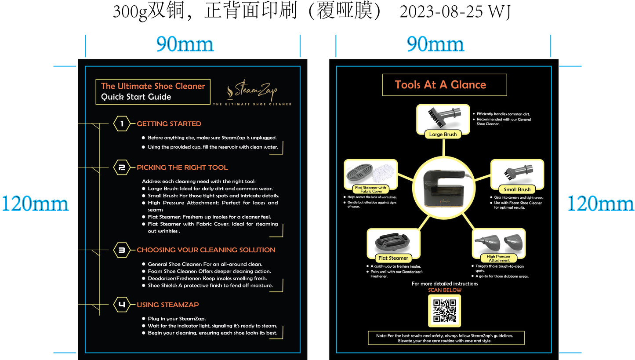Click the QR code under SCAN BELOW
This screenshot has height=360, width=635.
pos(445,311)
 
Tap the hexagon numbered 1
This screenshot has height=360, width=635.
pos(122,124)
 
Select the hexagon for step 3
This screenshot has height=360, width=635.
pos(122,250)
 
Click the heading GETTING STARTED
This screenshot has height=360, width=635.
pos(169,124)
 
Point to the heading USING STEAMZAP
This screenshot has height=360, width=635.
pos(168,305)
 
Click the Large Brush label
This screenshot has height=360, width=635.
pos(443,135)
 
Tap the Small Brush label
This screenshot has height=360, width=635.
pos(517,189)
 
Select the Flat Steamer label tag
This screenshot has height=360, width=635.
pos(393,258)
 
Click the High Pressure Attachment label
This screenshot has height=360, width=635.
pos(499,258)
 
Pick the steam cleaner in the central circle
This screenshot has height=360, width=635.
pos(444,189)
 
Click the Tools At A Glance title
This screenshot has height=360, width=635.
pos(440,85)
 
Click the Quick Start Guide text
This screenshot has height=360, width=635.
pos(136,97)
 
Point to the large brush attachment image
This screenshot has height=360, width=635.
pos(444,117)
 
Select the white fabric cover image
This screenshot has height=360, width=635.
pos(383,173)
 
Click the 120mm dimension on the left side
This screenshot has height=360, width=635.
pos(35,204)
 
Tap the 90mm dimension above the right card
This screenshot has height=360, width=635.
pos(435,44)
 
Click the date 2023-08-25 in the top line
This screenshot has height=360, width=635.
pos(441,12)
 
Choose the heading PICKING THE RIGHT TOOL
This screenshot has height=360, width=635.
pos(182,167)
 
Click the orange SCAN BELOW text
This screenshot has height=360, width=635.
pos(445,290)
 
